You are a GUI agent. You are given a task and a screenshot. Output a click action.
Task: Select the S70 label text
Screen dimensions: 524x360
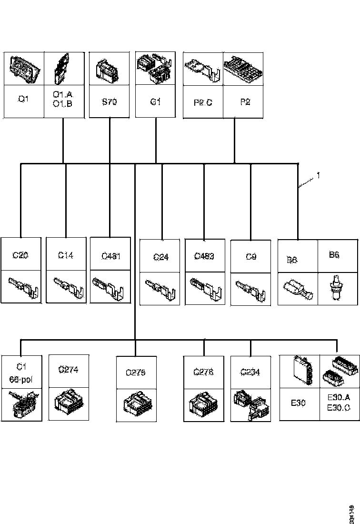[x=110, y=101]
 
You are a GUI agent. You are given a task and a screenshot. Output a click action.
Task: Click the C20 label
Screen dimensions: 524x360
[x=20, y=255]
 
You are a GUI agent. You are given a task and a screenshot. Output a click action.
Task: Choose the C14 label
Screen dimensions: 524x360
[x=66, y=255]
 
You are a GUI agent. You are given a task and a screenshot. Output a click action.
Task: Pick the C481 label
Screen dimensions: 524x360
[x=110, y=256]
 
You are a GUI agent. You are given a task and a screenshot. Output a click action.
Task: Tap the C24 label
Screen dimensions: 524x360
[x=162, y=257]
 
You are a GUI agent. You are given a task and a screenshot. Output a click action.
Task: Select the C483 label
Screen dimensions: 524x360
[x=204, y=256]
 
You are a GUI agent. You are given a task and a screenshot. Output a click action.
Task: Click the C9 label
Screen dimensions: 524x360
[x=251, y=257]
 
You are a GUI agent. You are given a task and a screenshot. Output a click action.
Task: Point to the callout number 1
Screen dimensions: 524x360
[x=318, y=175]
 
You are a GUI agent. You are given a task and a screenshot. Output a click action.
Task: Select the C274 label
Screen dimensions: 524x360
[x=68, y=369]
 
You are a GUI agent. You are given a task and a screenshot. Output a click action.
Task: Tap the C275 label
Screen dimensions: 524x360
[x=136, y=373]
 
